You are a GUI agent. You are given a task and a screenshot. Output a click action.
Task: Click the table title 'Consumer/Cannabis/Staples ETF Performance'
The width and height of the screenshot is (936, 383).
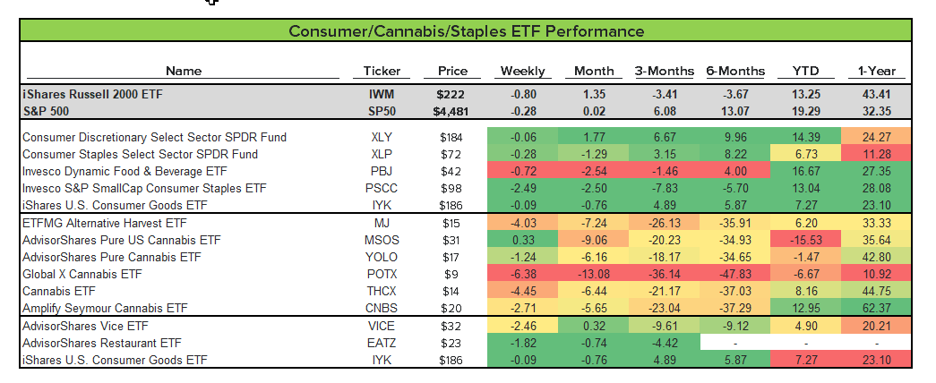tap(466, 31)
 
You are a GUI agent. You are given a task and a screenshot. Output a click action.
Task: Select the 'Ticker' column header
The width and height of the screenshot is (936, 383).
tap(382, 72)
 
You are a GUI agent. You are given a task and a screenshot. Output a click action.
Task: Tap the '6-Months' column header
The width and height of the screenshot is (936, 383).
tap(735, 72)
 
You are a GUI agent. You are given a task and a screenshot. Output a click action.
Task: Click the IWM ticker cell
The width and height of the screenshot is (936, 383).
tap(382, 94)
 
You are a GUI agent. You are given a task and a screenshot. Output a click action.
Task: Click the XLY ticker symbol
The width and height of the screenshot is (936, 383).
tap(382, 137)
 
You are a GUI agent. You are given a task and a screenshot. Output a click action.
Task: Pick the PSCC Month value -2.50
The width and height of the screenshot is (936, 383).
tap(594, 188)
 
